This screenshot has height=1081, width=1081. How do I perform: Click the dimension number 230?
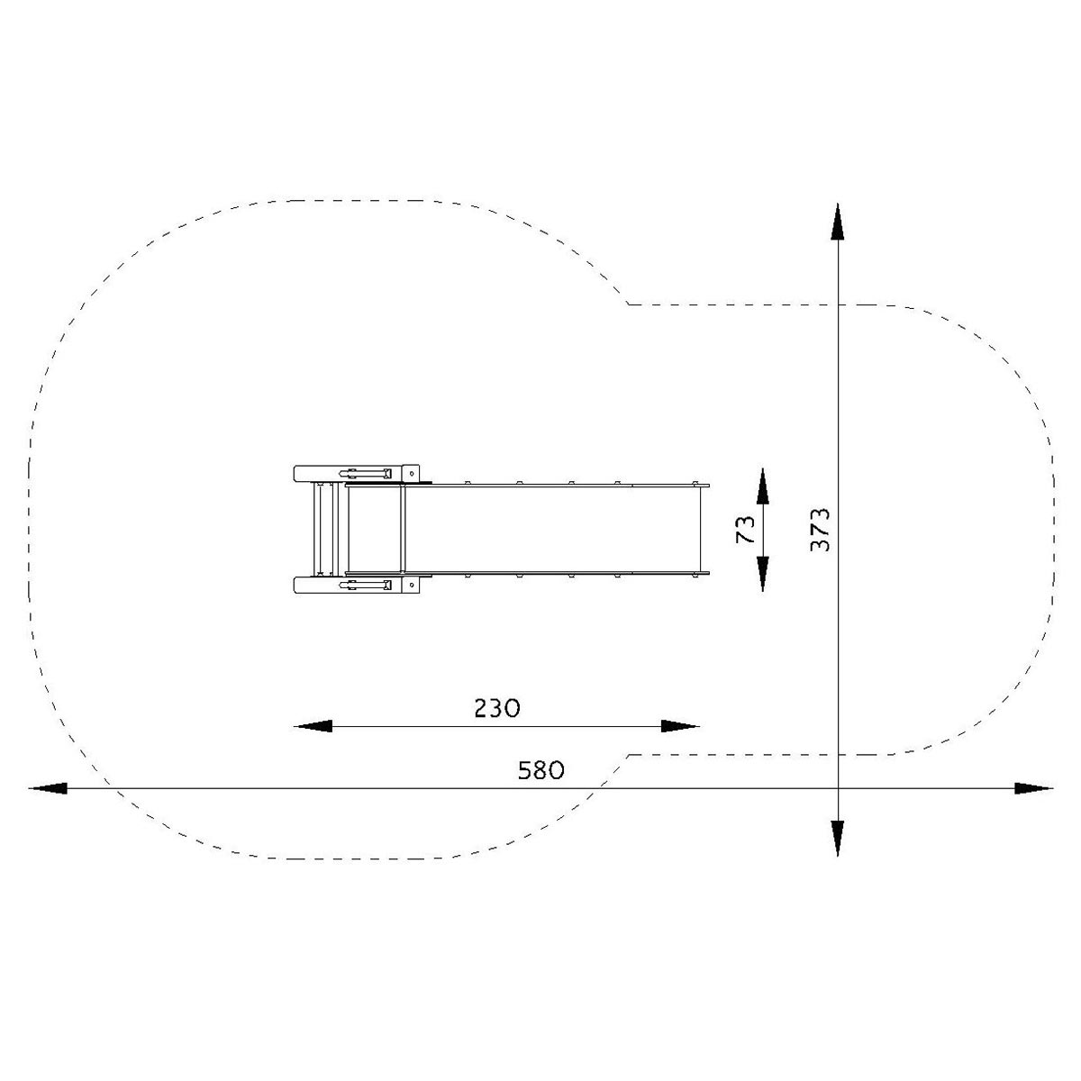pyautogui.click(x=497, y=708)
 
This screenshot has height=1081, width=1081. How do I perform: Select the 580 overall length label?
pyautogui.click(x=540, y=770)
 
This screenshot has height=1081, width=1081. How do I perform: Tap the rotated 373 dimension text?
pyautogui.click(x=820, y=530)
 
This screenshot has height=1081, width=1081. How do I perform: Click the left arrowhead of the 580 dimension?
pyautogui.click(x=48, y=788)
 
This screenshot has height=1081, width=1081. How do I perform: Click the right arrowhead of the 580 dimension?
pyautogui.click(x=1034, y=788)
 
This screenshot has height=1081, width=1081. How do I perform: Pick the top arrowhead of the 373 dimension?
pyautogui.click(x=838, y=223)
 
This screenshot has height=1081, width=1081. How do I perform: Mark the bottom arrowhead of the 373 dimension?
pyautogui.click(x=838, y=838)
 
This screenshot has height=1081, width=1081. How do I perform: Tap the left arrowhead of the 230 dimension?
pyautogui.click(x=313, y=726)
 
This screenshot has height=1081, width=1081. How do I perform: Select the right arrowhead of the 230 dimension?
pyautogui.click(x=680, y=726)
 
